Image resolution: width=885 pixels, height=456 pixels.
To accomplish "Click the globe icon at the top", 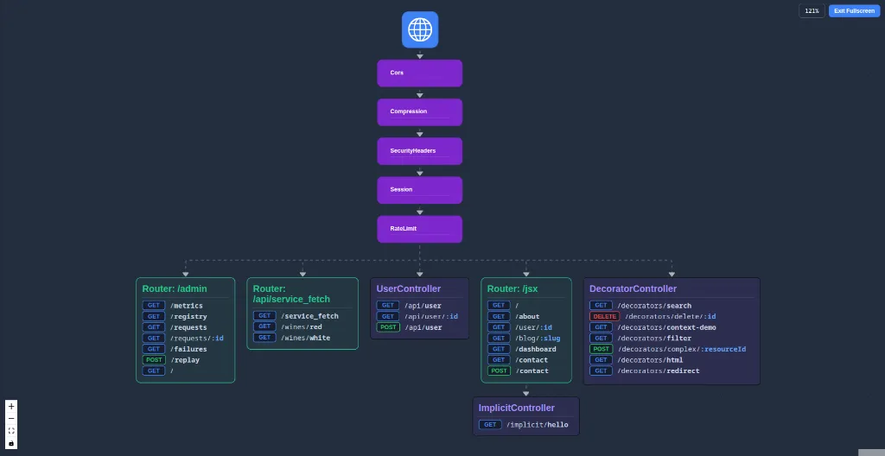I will click(420, 29).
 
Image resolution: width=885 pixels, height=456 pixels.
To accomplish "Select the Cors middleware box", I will click(419, 73).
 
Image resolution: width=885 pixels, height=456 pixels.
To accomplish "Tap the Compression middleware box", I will click(419, 111).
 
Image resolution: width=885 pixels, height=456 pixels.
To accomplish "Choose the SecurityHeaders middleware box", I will click(419, 151).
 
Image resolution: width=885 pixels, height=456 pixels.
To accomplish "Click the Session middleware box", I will click(419, 190).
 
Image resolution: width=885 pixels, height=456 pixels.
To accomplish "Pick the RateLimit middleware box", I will click(419, 229).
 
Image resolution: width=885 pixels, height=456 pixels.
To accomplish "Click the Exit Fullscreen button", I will click(854, 10).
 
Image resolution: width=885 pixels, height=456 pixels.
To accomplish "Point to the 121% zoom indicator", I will click(812, 10).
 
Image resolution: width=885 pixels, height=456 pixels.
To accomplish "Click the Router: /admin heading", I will click(175, 288).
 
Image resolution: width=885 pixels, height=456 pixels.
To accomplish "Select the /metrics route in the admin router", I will click(187, 306).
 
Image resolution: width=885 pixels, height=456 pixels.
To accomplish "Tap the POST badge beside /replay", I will click(154, 360).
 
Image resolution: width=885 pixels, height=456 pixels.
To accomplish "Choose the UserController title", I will click(409, 288).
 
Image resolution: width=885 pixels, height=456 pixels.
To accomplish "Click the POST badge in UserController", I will click(388, 327).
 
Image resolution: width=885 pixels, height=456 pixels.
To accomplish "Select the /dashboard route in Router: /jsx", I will click(536, 349).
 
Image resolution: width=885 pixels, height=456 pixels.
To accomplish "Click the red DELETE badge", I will click(605, 316).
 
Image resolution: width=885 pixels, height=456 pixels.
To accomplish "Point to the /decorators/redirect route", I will click(658, 370).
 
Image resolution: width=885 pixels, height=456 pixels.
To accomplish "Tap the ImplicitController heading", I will click(517, 408).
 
